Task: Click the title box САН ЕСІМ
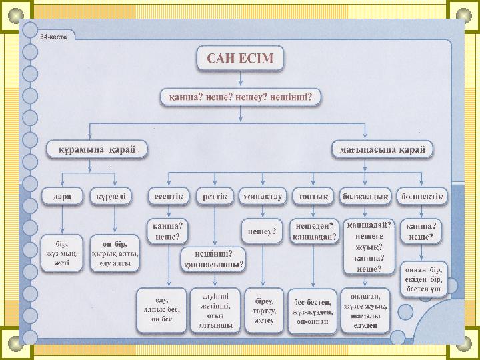click(x=240, y=59)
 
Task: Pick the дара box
click(x=63, y=196)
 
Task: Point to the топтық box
click(x=312, y=196)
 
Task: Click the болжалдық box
click(x=365, y=196)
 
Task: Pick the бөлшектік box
click(x=420, y=196)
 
